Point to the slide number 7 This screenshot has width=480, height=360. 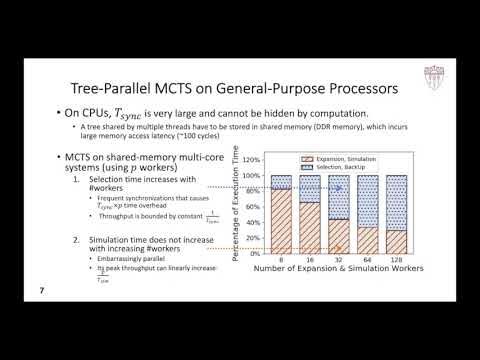(x=41, y=291)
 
